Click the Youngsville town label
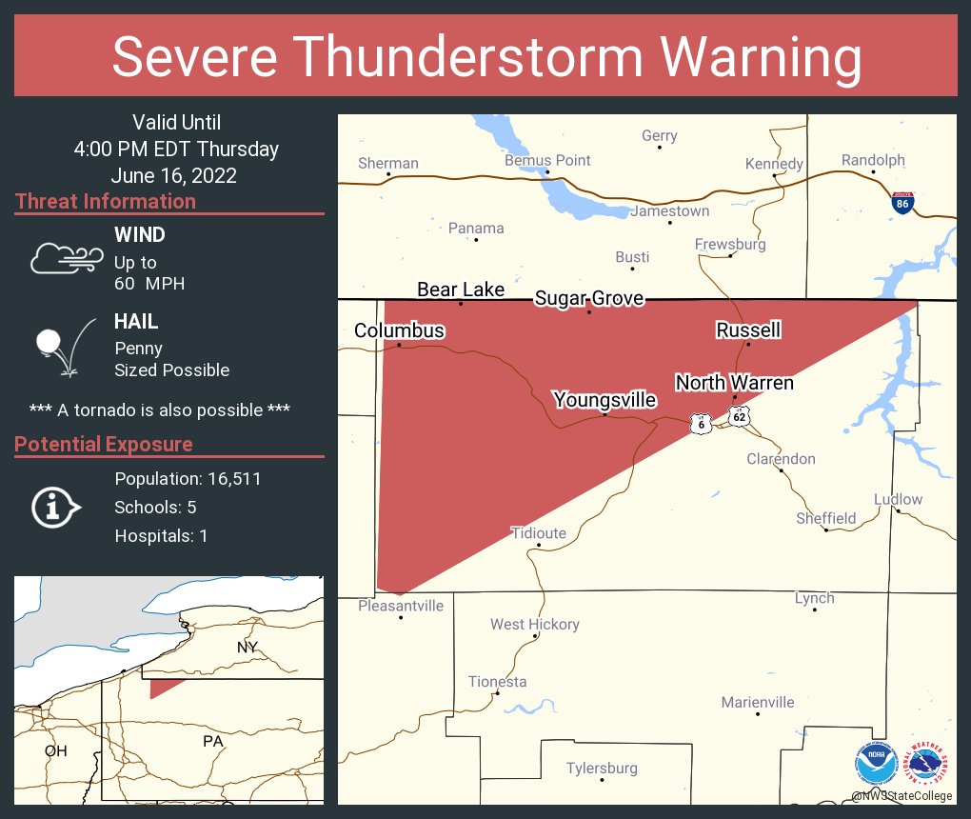pyautogui.click(x=604, y=399)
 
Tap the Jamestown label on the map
pyautogui.click(x=669, y=210)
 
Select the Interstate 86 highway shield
pyautogui.click(x=903, y=202)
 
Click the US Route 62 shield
pyautogui.click(x=740, y=416)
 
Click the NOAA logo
pyautogui.click(x=876, y=764)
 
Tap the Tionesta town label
pyautogui.click(x=497, y=682)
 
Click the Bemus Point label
pyautogui.click(x=547, y=160)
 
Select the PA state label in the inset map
pyautogui.click(x=212, y=741)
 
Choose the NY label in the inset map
pyautogui.click(x=247, y=648)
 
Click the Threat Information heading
pyautogui.click(x=106, y=201)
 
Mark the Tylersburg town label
pyautogui.click(x=602, y=768)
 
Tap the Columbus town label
pyautogui.click(x=399, y=330)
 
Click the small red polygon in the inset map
pyautogui.click(x=162, y=687)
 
